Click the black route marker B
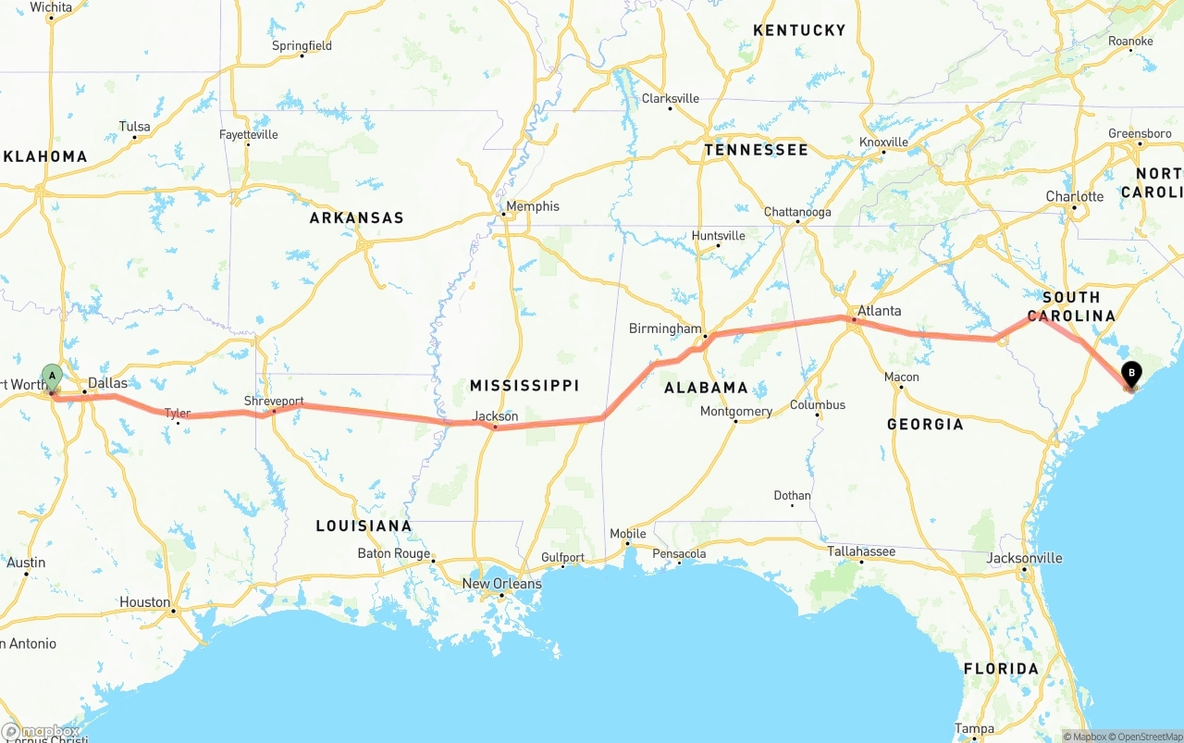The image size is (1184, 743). (x=1130, y=374)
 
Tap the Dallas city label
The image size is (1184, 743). (x=107, y=382)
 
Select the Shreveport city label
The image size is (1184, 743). (x=274, y=401)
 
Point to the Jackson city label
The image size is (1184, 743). (x=495, y=416)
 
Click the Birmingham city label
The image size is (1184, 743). (x=665, y=328)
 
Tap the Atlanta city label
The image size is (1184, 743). (x=879, y=311)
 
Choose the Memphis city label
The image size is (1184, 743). (x=532, y=206)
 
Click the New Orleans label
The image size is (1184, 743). (x=501, y=584)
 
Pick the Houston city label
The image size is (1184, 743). (x=145, y=602)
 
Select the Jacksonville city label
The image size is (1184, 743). (x=1024, y=558)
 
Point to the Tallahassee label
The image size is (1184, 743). (x=860, y=551)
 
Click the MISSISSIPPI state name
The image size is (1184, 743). (x=524, y=385)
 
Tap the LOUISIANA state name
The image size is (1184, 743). (x=364, y=526)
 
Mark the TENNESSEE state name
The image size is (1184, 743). (x=756, y=150)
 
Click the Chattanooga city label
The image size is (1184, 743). (x=797, y=212)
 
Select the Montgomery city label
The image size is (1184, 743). (x=736, y=412)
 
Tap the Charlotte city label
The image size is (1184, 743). (x=1075, y=196)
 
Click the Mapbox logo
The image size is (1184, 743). (x=41, y=732)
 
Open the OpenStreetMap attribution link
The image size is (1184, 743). (x=1147, y=737)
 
